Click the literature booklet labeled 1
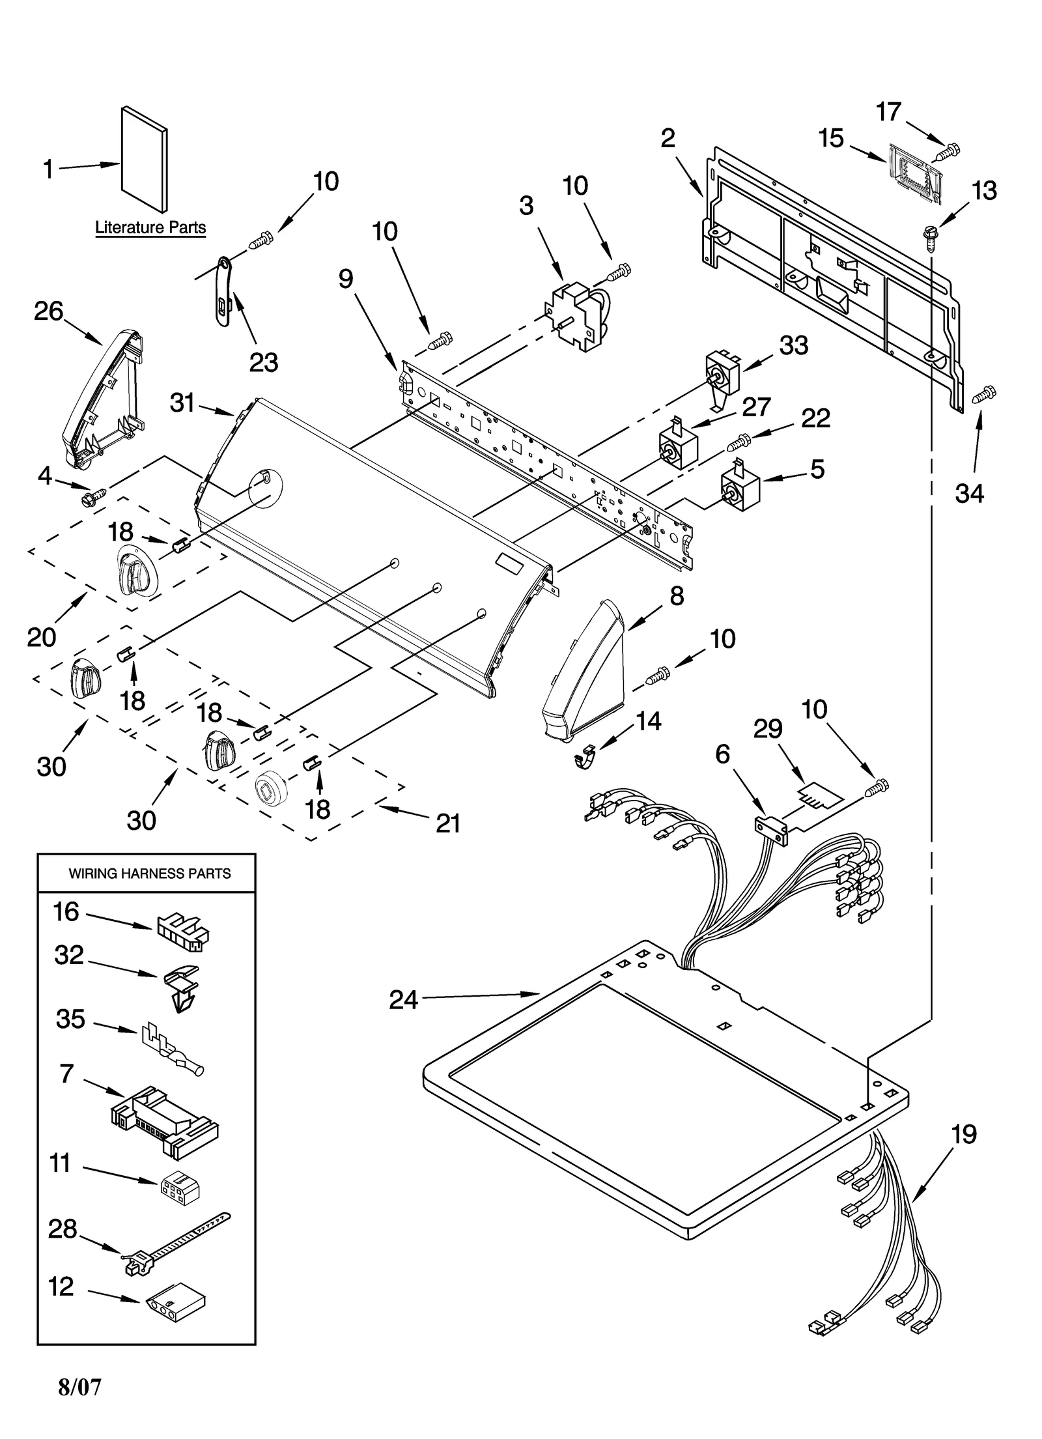[145, 160]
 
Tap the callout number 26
[48, 311]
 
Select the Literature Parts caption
[150, 228]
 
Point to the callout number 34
[969, 493]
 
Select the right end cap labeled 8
[583, 671]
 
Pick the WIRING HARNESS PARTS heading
[150, 874]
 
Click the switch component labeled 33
[723, 377]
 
